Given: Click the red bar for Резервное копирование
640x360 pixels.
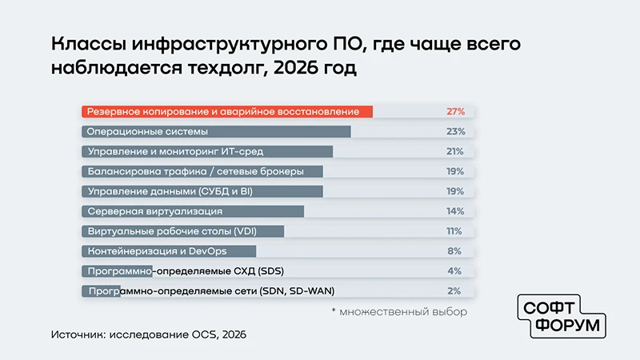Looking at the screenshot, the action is (x=227, y=111).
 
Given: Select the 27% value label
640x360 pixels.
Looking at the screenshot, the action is (x=455, y=111).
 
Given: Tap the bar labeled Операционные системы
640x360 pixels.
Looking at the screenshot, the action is (x=216, y=131).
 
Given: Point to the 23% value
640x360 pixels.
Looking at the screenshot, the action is (x=455, y=131).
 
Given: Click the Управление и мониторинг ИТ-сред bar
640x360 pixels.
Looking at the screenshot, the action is (x=207, y=151).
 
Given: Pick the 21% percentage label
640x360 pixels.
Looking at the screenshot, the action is (x=455, y=151).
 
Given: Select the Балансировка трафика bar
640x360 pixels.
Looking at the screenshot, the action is (x=202, y=171).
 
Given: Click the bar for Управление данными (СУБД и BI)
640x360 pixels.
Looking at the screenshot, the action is (x=202, y=191).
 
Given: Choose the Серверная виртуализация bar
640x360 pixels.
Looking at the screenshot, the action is (x=193, y=211).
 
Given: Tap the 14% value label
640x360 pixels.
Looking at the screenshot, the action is (x=455, y=211).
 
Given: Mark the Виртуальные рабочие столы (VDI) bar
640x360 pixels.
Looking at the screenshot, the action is (x=183, y=231).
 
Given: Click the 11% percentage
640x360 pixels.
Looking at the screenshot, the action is (x=454, y=231).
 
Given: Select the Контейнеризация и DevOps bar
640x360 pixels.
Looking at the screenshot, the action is (x=169, y=251).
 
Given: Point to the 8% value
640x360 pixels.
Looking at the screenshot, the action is (x=454, y=251).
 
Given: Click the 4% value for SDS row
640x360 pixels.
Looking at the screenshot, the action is (x=454, y=271).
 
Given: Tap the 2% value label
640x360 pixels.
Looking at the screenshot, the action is (x=454, y=291).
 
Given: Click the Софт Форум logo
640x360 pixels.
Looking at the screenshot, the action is (x=562, y=316).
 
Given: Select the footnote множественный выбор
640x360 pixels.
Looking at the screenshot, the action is (x=399, y=312).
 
